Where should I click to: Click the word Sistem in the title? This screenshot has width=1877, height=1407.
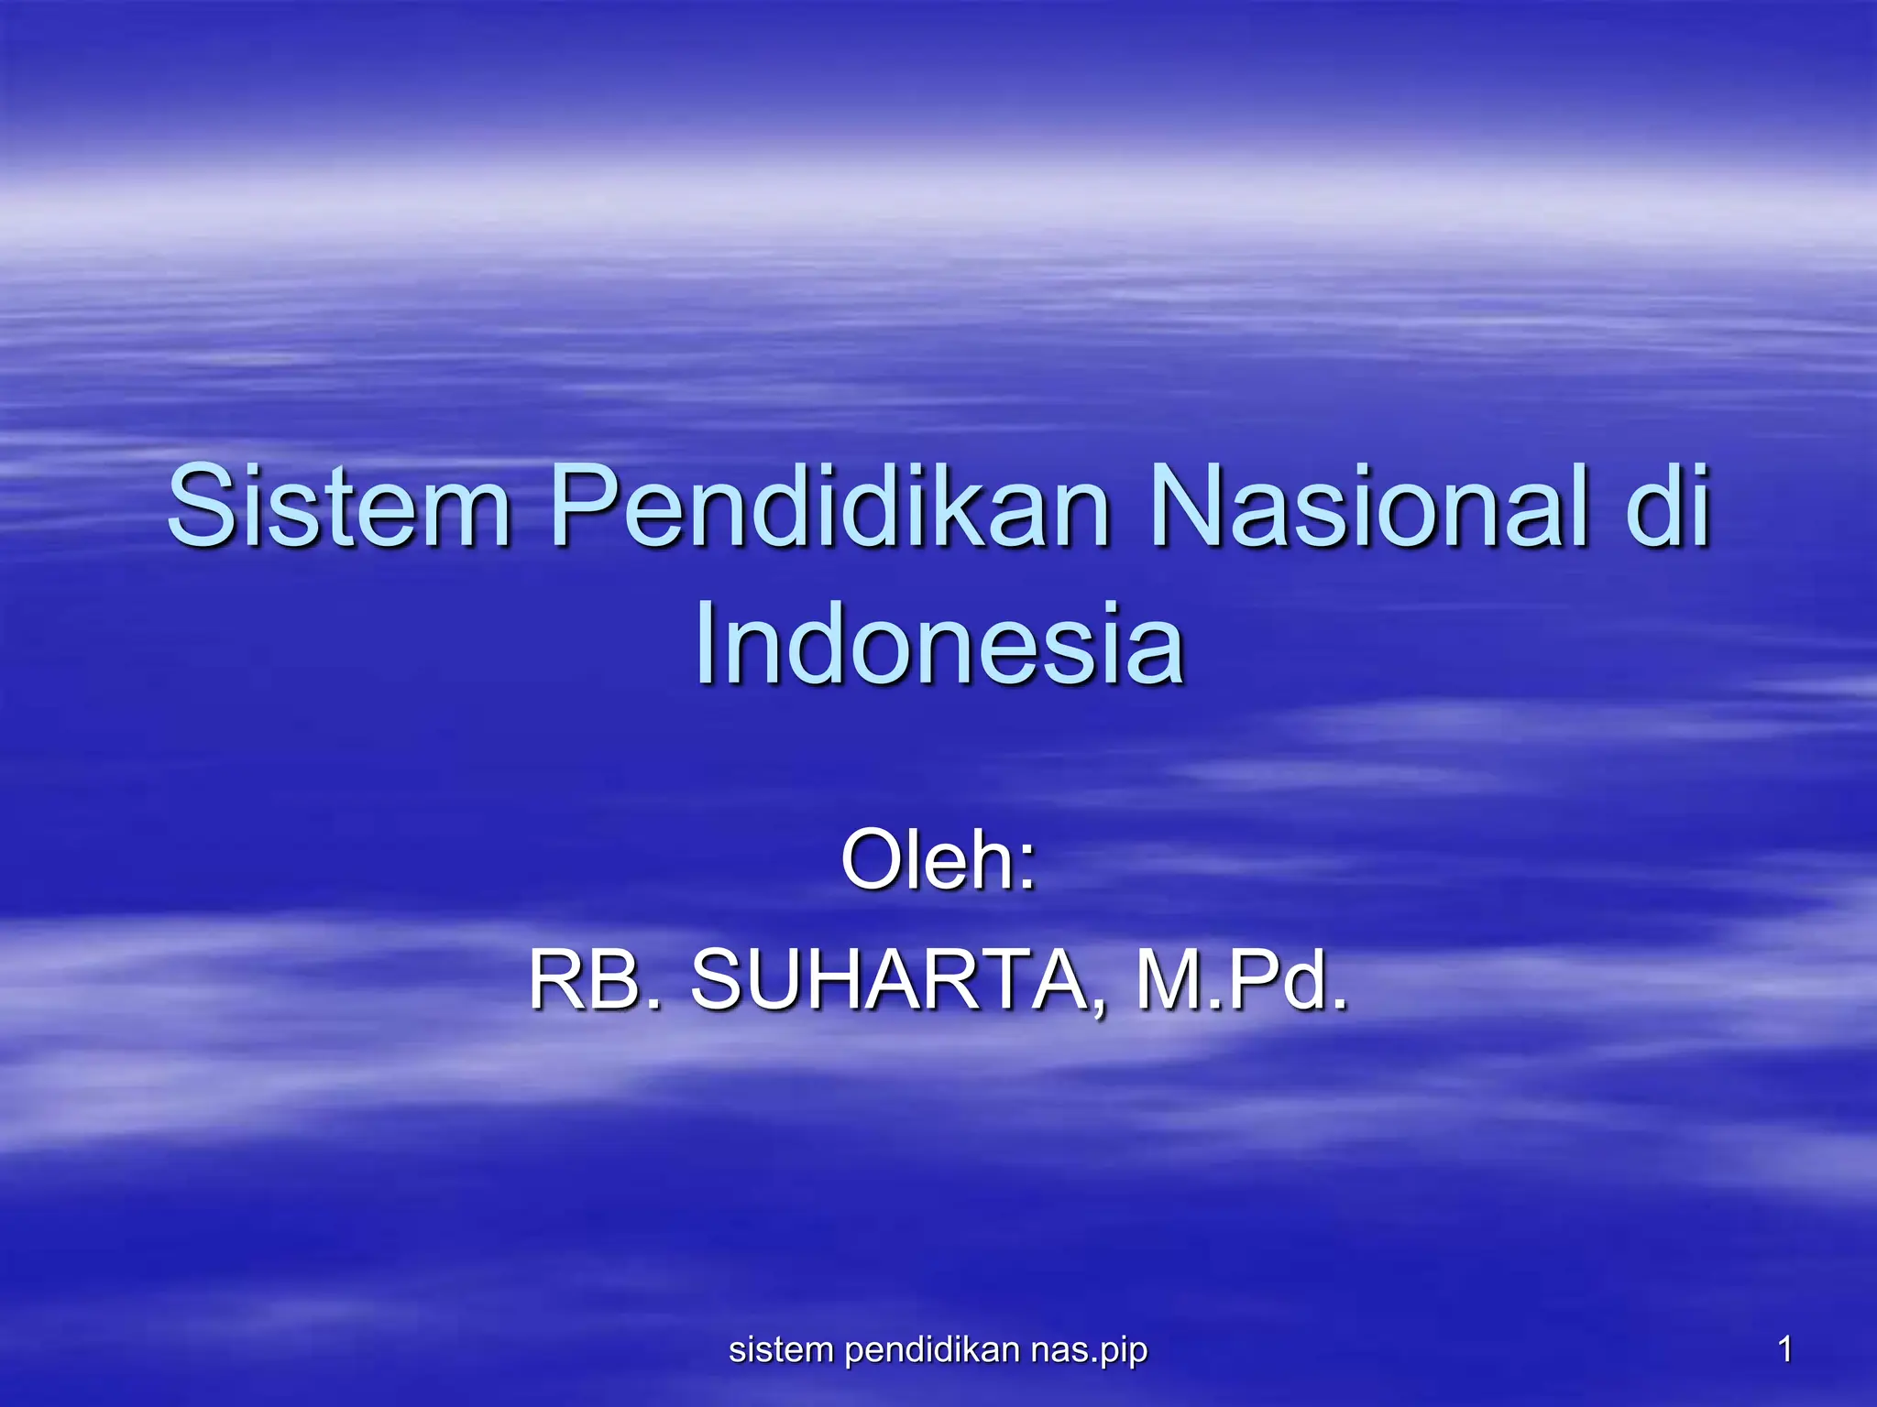point(339,505)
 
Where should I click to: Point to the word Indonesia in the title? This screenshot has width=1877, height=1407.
point(939,642)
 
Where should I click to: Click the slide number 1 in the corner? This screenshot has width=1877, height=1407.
point(1784,1349)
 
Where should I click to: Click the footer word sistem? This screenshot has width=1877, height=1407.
point(781,1349)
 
